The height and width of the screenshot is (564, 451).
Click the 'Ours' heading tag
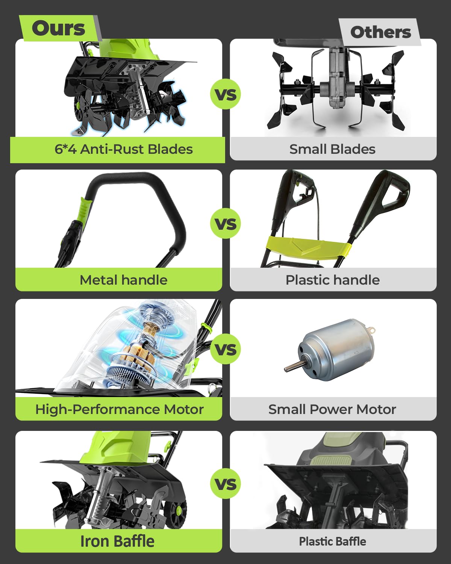tap(59, 28)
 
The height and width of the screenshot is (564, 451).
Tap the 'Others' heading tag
tap(380, 32)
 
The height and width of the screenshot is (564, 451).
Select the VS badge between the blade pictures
tap(225, 94)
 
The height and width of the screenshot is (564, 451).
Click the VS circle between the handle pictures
tap(225, 223)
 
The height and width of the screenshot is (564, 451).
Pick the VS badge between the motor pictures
tap(225, 349)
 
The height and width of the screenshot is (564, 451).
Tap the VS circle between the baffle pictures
tap(225, 483)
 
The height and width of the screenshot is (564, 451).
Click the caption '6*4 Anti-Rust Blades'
tap(123, 149)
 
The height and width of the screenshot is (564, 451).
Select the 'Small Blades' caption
tap(332, 149)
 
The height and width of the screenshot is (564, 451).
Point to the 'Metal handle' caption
tap(123, 280)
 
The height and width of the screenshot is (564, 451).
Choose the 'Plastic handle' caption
tap(333, 280)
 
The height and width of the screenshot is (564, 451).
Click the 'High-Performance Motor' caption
tap(120, 409)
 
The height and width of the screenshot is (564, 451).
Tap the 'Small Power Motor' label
tap(332, 409)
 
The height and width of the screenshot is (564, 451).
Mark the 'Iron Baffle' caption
tap(117, 541)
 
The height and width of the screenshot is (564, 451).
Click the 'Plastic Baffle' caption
tap(333, 541)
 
